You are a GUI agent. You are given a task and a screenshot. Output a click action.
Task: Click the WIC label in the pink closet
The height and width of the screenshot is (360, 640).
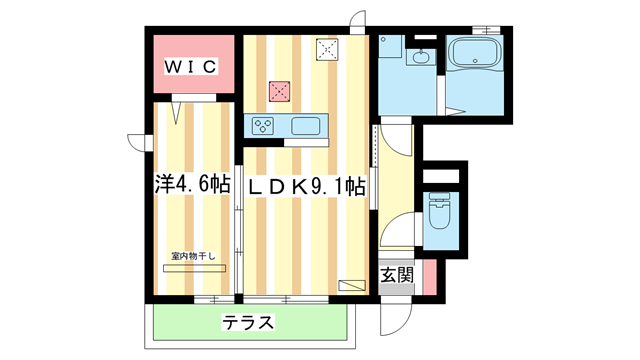191,67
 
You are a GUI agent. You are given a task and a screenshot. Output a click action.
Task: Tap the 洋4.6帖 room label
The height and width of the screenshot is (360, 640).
192,185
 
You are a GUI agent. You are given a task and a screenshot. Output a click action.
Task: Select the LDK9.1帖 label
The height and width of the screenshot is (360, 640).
306,186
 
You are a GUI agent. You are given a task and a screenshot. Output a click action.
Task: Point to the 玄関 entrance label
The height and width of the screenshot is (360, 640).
396,274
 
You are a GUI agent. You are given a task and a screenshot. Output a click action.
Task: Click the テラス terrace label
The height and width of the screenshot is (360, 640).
248,323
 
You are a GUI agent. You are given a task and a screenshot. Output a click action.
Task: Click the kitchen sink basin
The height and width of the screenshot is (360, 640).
305,126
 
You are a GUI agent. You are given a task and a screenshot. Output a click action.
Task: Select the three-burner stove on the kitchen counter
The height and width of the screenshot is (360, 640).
264,126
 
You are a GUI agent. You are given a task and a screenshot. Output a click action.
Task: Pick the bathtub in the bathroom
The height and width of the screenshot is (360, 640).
476,58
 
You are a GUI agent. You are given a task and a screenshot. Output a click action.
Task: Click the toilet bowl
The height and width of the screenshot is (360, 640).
440,212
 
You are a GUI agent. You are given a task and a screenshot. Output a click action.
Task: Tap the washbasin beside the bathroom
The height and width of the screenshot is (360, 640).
421,57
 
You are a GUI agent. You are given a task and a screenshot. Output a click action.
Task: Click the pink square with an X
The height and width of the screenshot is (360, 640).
279,91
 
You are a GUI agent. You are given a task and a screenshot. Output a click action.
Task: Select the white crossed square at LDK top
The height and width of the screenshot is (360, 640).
327,48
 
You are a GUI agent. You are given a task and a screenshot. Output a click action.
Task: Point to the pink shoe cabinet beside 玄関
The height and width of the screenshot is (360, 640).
428,275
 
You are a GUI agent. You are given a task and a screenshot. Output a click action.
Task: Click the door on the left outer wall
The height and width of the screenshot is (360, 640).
137,142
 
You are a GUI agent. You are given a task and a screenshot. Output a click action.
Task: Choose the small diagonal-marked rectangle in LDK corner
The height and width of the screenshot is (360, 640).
352,285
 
